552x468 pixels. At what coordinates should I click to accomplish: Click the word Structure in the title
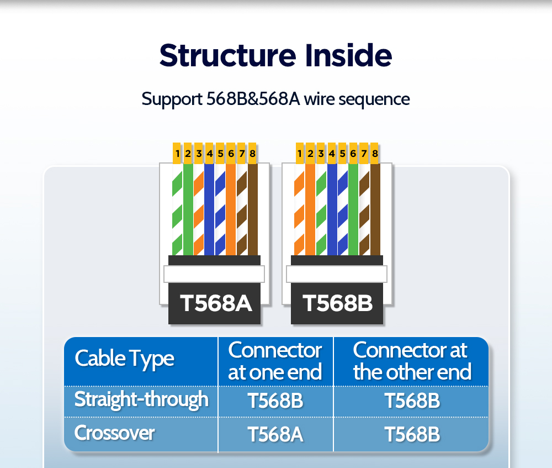pos(228,55)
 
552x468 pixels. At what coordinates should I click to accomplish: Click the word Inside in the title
pos(348,55)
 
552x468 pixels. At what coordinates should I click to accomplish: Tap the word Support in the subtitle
pos(172,99)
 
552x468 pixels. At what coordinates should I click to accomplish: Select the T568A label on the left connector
pos(215,303)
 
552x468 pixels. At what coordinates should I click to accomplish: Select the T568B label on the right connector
pos(337,303)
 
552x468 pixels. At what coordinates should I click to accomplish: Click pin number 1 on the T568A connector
pos(177,153)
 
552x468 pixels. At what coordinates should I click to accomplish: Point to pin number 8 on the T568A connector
pos(252,153)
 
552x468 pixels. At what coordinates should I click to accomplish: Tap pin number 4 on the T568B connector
pos(332,153)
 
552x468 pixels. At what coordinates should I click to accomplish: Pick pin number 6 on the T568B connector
pos(353,153)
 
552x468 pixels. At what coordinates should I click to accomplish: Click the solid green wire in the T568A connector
pos(188,209)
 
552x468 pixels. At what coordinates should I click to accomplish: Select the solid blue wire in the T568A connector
pos(209,209)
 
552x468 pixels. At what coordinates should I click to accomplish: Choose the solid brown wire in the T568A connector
pos(253,209)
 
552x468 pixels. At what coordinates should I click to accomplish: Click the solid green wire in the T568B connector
pos(353,209)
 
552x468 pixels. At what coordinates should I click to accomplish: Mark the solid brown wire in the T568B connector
pos(375,209)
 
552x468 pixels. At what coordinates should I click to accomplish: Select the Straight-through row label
pos(141,399)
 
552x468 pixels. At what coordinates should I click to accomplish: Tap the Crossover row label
pos(114,433)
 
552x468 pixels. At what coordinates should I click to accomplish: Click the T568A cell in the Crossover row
pos(275,434)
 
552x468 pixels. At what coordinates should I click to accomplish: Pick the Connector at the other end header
pos(412,361)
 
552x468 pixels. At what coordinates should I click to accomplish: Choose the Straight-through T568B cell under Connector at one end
pos(275,401)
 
